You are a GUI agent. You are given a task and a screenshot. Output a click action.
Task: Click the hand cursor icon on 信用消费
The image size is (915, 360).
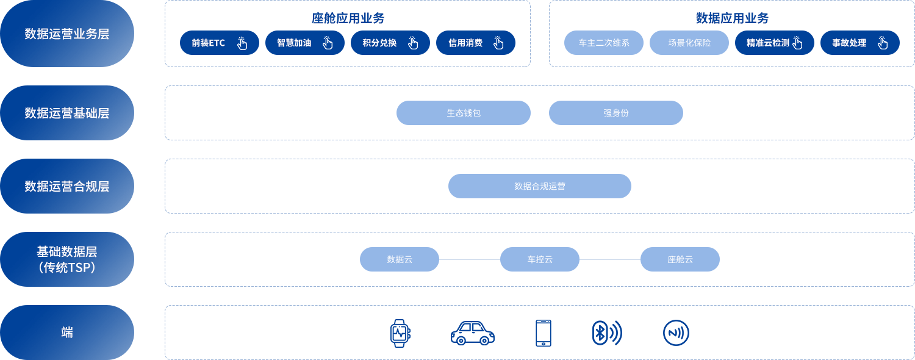pyautogui.click(x=498, y=43)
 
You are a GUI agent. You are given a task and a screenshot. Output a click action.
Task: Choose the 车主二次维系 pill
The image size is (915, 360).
pyautogui.click(x=603, y=43)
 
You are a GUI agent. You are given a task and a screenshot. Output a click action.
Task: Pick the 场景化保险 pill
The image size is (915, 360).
pyautogui.click(x=689, y=43)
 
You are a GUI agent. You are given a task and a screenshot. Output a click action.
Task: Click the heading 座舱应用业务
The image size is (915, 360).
pyautogui.click(x=348, y=18)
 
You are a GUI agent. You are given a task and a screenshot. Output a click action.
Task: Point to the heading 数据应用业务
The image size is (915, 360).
pyautogui.click(x=732, y=18)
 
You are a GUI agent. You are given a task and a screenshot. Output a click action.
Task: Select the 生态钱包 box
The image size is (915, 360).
pyautogui.click(x=463, y=113)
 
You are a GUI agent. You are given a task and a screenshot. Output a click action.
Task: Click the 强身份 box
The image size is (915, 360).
pyautogui.click(x=615, y=113)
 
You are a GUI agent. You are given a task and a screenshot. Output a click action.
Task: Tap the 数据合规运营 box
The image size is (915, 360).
pyautogui.click(x=539, y=186)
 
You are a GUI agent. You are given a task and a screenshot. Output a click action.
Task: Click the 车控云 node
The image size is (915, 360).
pyautogui.click(x=539, y=259)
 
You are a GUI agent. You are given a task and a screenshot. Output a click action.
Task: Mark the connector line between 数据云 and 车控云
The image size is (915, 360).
pyautogui.click(x=470, y=259)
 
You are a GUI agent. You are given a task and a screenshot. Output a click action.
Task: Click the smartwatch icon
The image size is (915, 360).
pyautogui.click(x=400, y=333)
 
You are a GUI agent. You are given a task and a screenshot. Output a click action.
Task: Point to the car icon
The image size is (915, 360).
pyautogui.click(x=473, y=333)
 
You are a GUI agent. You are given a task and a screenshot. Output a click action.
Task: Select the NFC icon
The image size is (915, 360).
pyautogui.click(x=676, y=333)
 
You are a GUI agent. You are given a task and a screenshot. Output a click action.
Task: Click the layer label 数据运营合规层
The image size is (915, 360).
pyautogui.click(x=67, y=186)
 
